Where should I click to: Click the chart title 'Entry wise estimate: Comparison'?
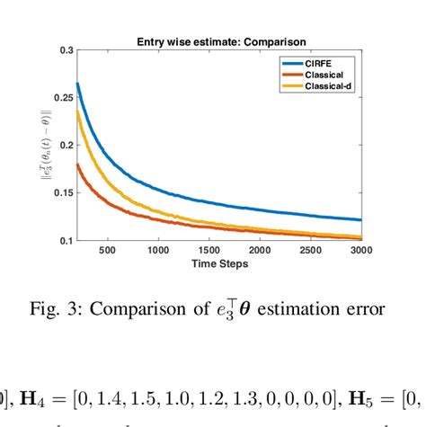(x=221, y=41)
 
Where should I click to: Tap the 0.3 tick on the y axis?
(x=66, y=50)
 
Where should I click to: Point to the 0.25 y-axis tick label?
(x=63, y=98)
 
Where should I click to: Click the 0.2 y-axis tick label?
(x=66, y=145)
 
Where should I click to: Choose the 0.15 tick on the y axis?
(x=63, y=192)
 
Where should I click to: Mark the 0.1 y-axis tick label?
(x=66, y=240)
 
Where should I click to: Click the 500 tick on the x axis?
(x=107, y=252)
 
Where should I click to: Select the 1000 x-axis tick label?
(x=158, y=252)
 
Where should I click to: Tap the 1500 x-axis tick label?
(x=209, y=252)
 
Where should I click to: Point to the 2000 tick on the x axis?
(x=261, y=252)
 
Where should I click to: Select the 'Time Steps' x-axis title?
(x=221, y=264)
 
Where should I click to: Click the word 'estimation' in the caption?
(x=300, y=310)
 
